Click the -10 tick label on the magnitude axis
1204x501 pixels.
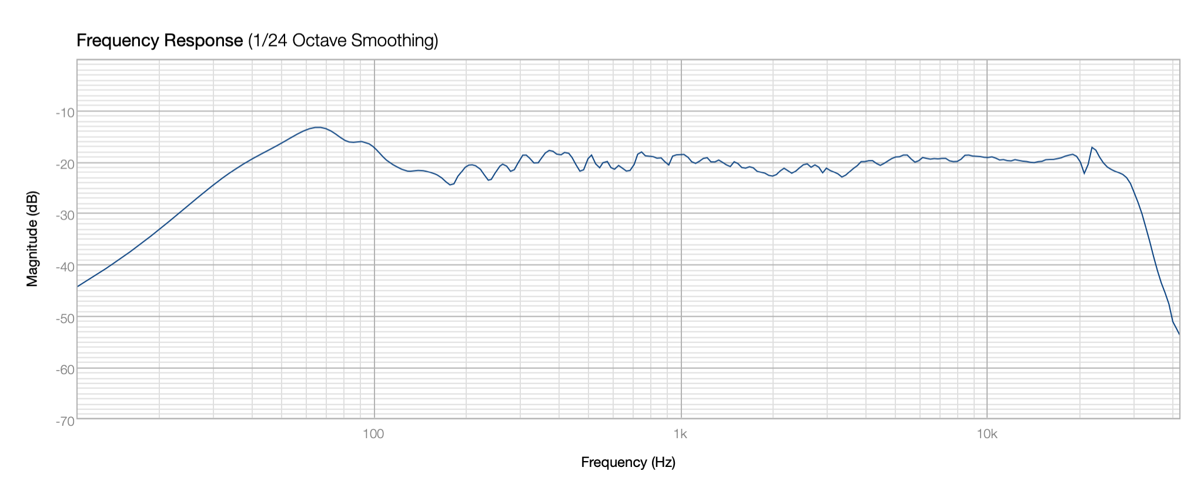pyautogui.click(x=65, y=112)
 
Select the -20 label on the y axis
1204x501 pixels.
pyautogui.click(x=65, y=164)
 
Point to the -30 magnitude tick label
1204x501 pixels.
pyautogui.click(x=65, y=216)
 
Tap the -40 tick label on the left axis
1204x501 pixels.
pyautogui.click(x=65, y=267)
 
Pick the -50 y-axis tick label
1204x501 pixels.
pyautogui.click(x=65, y=318)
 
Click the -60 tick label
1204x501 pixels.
pyautogui.click(x=65, y=369)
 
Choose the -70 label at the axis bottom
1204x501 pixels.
pyautogui.click(x=65, y=421)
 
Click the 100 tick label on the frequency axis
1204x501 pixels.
pyautogui.click(x=374, y=434)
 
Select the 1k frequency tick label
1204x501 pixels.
pyautogui.click(x=681, y=434)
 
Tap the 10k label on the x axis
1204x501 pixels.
pyautogui.click(x=987, y=434)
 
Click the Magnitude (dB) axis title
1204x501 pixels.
pyautogui.click(x=32, y=239)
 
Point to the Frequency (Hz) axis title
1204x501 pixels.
pyautogui.click(x=628, y=463)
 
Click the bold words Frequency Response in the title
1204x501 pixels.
pyautogui.click(x=159, y=41)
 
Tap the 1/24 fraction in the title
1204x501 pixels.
pyautogui.click(x=268, y=41)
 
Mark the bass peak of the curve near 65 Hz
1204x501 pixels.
pyautogui.click(x=317, y=127)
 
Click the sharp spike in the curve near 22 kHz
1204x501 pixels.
pyautogui.click(x=1092, y=147)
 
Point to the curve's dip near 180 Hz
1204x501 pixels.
pyautogui.click(x=450, y=184)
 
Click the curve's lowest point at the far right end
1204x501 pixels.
pyautogui.click(x=1179, y=334)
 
